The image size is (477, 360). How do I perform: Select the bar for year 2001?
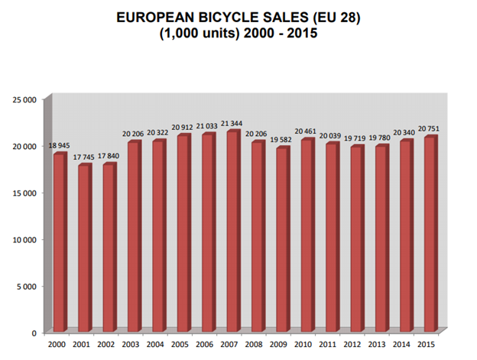click(84, 248)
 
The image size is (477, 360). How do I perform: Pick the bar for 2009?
click(283, 240)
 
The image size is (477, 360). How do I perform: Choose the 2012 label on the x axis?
click(356, 345)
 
